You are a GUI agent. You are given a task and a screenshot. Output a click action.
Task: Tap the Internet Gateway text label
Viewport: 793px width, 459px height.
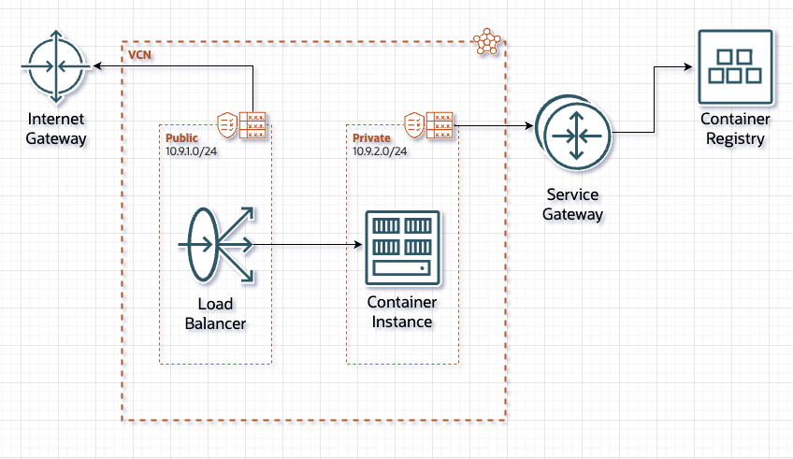[x=56, y=129]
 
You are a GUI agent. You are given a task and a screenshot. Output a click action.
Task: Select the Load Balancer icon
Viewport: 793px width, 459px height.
[x=216, y=245]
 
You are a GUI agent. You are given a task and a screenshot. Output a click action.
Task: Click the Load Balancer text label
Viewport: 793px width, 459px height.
[x=216, y=314]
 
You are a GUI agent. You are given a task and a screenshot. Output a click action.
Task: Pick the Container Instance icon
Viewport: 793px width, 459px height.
[x=402, y=247]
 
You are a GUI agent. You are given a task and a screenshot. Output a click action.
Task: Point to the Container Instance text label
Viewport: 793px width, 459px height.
[x=402, y=312]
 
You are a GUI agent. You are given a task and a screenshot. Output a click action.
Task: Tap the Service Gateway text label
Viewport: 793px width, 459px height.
[x=571, y=205]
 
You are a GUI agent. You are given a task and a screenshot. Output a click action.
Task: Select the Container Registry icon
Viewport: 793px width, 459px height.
[x=735, y=66]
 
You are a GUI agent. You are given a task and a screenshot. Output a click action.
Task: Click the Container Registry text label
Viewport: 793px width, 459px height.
[x=735, y=129]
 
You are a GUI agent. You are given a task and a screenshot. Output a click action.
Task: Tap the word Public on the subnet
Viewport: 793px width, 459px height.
[x=181, y=137]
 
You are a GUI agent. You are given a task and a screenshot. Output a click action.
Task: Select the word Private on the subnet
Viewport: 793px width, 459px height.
[x=371, y=137]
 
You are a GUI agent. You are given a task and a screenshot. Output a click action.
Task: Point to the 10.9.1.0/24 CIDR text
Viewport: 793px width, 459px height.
[x=194, y=150]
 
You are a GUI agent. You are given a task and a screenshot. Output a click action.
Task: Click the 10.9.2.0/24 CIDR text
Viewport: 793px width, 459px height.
[x=381, y=150]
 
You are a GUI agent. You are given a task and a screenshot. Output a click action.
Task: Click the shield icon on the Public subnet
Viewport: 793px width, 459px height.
[x=226, y=123]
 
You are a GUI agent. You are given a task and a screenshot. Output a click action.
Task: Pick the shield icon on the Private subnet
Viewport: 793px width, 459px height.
[x=414, y=123]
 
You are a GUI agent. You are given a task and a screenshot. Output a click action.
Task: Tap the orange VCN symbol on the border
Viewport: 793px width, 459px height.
[x=487, y=41]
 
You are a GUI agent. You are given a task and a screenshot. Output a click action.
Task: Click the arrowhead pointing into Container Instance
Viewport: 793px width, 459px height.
[x=357, y=246]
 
